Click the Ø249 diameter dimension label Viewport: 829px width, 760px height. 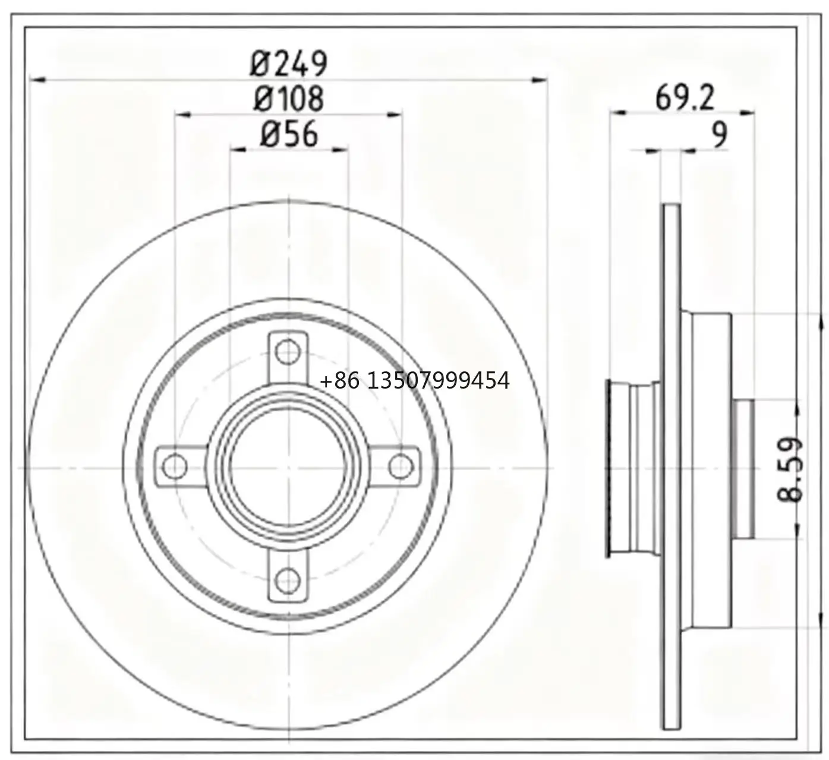point(289,63)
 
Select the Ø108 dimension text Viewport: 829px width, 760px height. point(289,99)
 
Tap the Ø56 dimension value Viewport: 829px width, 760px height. point(289,134)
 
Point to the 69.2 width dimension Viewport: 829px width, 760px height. point(685,98)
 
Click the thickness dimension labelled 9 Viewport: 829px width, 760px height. point(719,135)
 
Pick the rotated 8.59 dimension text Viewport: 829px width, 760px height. point(790,469)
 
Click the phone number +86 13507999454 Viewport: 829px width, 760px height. point(415,380)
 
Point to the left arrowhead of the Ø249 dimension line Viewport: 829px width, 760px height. point(37,79)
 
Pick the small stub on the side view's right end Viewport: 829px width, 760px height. point(744,468)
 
